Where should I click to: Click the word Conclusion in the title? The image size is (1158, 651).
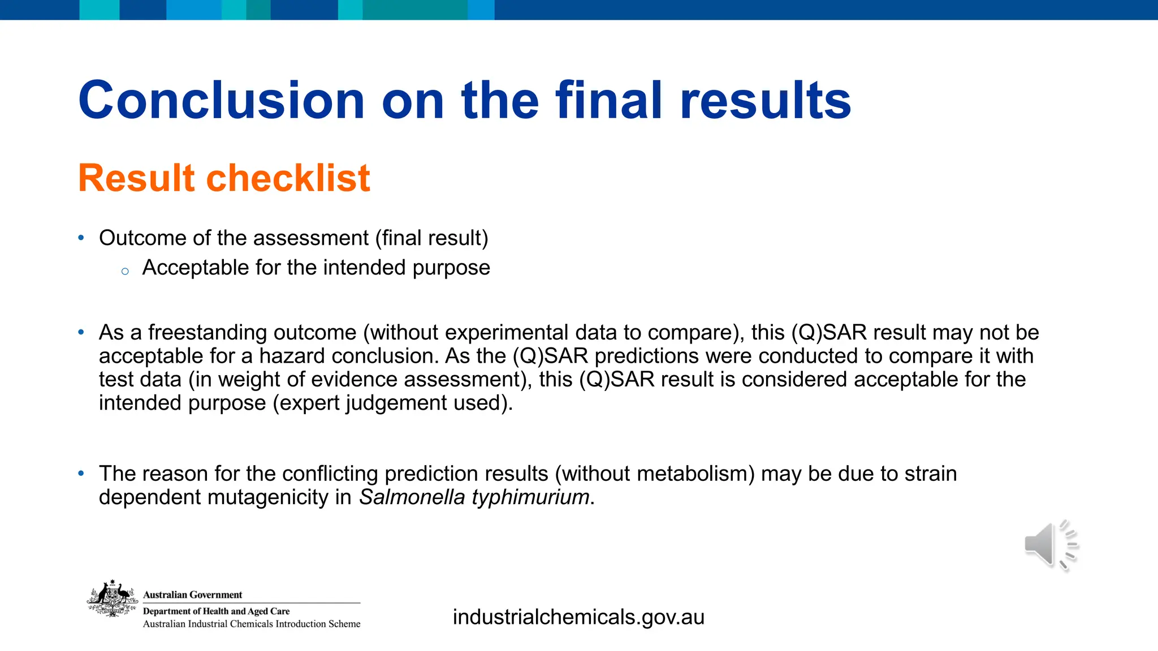tap(221, 101)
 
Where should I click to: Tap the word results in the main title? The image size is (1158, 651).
tap(766, 101)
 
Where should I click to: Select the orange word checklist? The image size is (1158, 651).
tap(288, 178)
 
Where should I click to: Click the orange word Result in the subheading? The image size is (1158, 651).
tap(136, 178)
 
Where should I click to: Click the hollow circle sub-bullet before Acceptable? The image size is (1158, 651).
tap(125, 272)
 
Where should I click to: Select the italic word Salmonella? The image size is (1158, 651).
tap(412, 497)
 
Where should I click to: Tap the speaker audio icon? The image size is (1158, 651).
tap(1050, 545)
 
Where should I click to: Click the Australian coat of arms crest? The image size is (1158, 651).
tap(113, 598)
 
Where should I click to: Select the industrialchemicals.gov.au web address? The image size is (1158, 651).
tap(578, 617)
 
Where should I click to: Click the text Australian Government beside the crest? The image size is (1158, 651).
tap(192, 594)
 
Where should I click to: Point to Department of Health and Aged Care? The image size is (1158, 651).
tap(216, 611)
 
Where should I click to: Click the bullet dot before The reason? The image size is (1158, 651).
tap(81, 473)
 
